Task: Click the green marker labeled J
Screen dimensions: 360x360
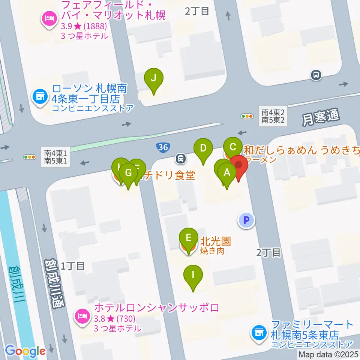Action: click(x=154, y=78)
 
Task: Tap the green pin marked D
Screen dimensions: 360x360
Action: click(x=203, y=148)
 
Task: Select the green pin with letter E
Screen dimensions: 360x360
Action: click(x=189, y=238)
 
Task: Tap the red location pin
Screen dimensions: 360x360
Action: click(x=238, y=165)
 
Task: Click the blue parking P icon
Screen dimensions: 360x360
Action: click(x=246, y=220)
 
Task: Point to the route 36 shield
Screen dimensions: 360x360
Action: click(x=163, y=147)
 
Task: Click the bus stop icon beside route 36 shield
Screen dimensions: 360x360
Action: click(x=181, y=159)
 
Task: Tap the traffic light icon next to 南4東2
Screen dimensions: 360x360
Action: click(x=247, y=116)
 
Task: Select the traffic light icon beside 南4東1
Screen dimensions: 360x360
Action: click(x=29, y=157)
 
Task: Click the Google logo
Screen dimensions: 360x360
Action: click(x=25, y=351)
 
